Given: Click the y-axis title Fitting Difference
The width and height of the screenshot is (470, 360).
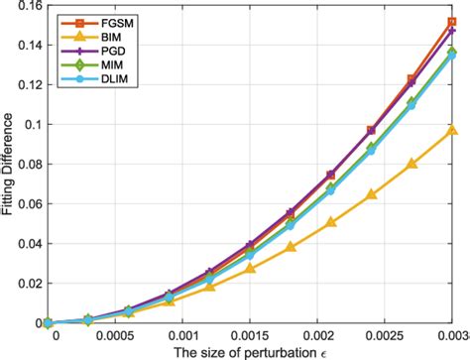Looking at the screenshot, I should click(x=9, y=165).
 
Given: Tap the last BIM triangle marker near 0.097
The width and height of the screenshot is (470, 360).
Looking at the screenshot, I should click(x=452, y=130).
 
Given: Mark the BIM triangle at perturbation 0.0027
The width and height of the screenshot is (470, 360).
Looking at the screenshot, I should click(x=412, y=165).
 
